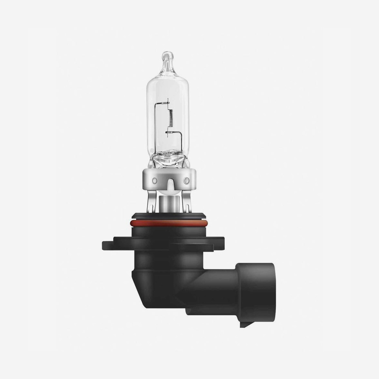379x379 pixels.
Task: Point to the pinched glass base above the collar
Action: click(x=170, y=159)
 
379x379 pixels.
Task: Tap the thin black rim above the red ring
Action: click(x=170, y=217)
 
